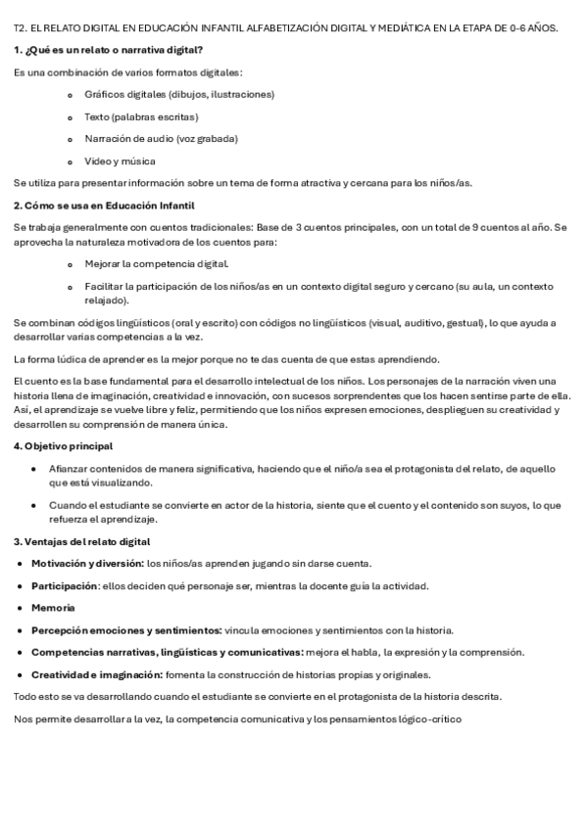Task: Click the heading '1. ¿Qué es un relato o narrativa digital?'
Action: coord(110,49)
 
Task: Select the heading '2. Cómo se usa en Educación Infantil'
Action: coord(105,205)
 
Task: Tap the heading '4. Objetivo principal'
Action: coord(64,446)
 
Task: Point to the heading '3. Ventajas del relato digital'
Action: coord(81,541)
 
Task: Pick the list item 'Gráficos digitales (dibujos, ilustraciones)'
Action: coord(179,94)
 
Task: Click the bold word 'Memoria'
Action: coord(53,608)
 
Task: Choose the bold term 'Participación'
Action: coord(65,585)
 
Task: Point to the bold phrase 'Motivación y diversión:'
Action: coord(87,563)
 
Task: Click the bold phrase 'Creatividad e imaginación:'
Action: coord(96,674)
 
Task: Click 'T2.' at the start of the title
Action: coord(19,27)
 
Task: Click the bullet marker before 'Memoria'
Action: coord(21,608)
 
